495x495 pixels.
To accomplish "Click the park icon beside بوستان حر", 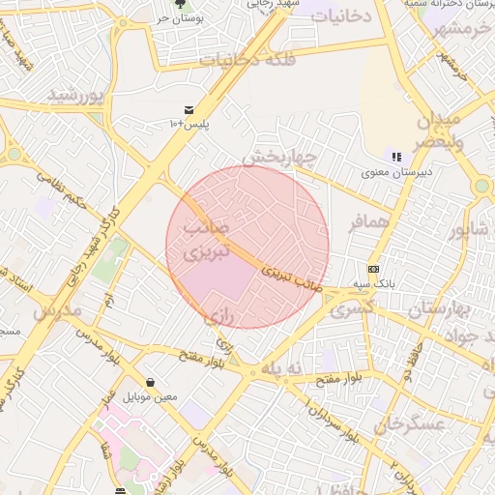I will tap(180, 5).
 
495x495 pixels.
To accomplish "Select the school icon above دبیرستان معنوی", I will tap(395, 156).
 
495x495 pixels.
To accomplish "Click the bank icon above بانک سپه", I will tap(373, 269).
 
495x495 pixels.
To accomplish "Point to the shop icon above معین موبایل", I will tap(150, 382).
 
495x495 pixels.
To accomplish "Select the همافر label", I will tap(367, 222).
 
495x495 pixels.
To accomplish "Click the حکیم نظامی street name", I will tap(64, 191).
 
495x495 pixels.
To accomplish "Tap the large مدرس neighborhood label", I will tap(55, 312).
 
